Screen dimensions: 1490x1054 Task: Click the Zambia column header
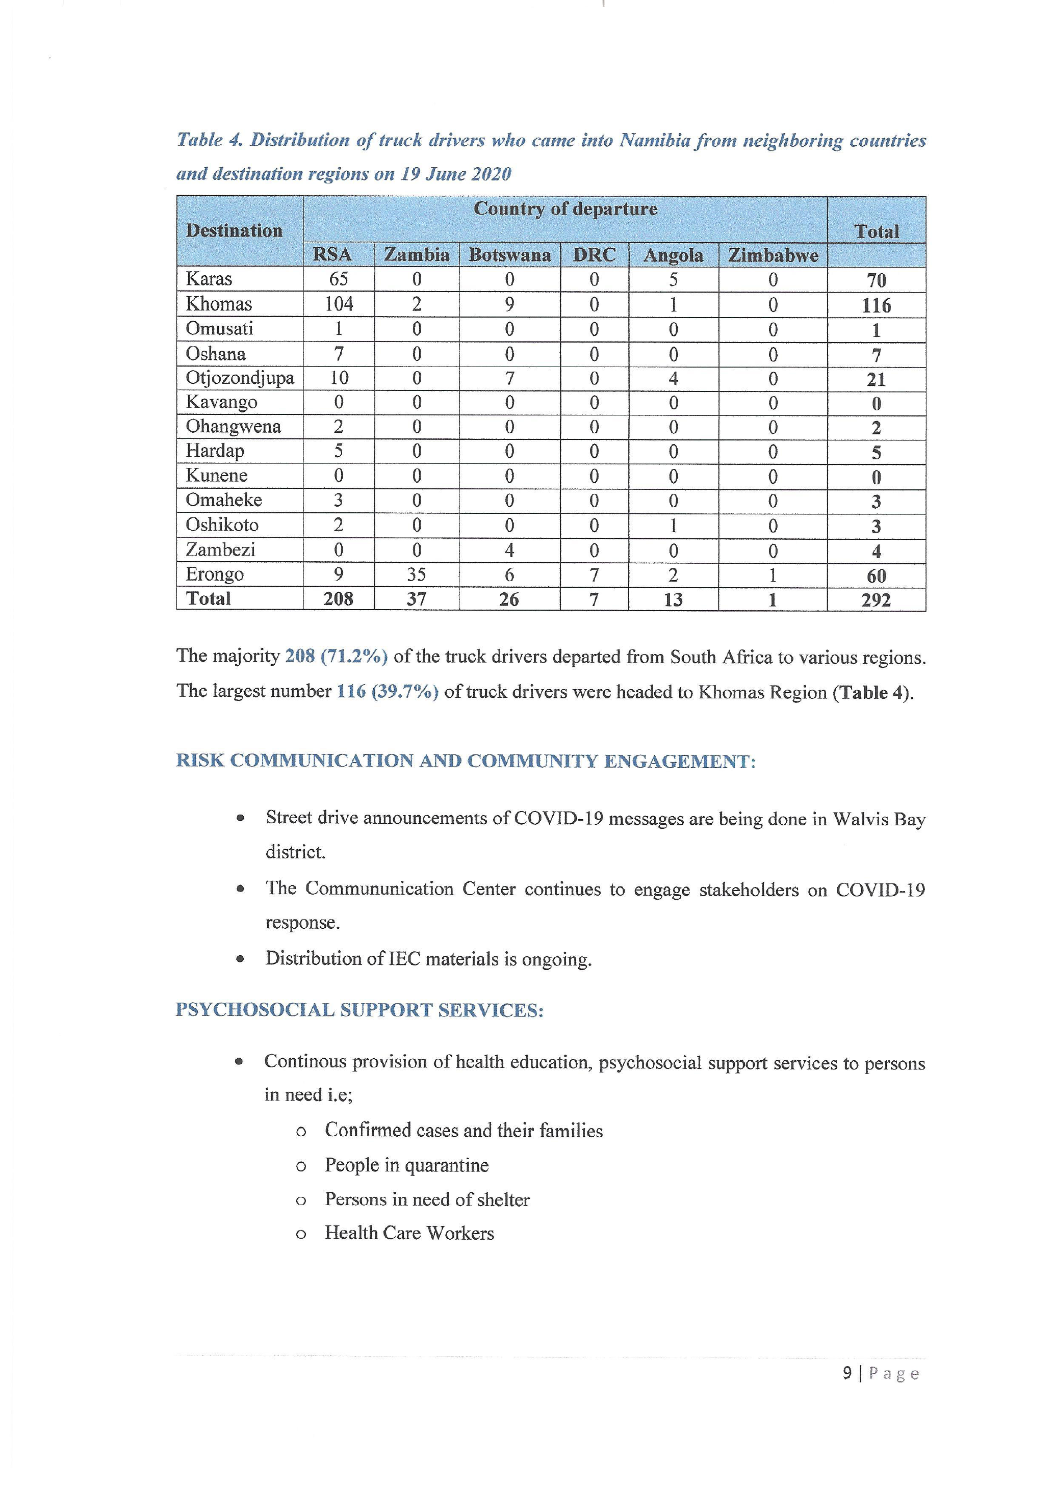[416, 254]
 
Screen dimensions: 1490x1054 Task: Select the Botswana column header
[509, 254]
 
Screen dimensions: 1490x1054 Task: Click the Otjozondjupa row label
[240, 378]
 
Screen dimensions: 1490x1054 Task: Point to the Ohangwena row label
[233, 427]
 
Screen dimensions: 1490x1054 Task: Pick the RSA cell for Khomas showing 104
[339, 304]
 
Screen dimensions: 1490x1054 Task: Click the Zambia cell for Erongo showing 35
[416, 574]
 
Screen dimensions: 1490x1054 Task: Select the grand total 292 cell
[876, 599]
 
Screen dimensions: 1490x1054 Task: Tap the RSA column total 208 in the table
[338, 599]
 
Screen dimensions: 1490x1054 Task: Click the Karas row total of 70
[876, 280]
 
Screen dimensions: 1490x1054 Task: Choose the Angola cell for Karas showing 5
[673, 280]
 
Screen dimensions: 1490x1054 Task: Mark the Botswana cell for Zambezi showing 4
[509, 551]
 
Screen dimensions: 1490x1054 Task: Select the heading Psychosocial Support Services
[359, 1010]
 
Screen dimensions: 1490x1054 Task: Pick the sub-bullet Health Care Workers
[409, 1233]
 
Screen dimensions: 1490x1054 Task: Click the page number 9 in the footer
[847, 1373]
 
